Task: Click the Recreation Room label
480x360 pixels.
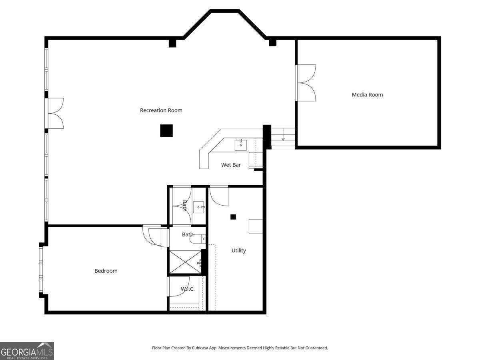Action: pos(161,110)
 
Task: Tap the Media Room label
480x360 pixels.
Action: pos(367,95)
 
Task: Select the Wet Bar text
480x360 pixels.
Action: pos(231,165)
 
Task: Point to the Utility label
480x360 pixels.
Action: pos(238,250)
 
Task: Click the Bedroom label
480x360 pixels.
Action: pos(106,271)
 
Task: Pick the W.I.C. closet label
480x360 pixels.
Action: pos(187,289)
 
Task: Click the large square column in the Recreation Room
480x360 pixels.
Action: pos(166,130)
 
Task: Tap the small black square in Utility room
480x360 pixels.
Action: pos(233,217)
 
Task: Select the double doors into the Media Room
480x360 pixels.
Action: pos(306,83)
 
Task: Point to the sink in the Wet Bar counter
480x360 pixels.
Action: pos(241,145)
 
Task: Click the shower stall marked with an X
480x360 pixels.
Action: pos(185,262)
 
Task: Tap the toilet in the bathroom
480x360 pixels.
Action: pos(198,239)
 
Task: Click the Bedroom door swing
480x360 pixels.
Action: pos(154,236)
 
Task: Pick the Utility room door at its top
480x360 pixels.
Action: pos(219,195)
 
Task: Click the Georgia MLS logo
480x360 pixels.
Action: pos(27,351)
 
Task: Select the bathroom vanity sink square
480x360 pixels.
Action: pos(199,207)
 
